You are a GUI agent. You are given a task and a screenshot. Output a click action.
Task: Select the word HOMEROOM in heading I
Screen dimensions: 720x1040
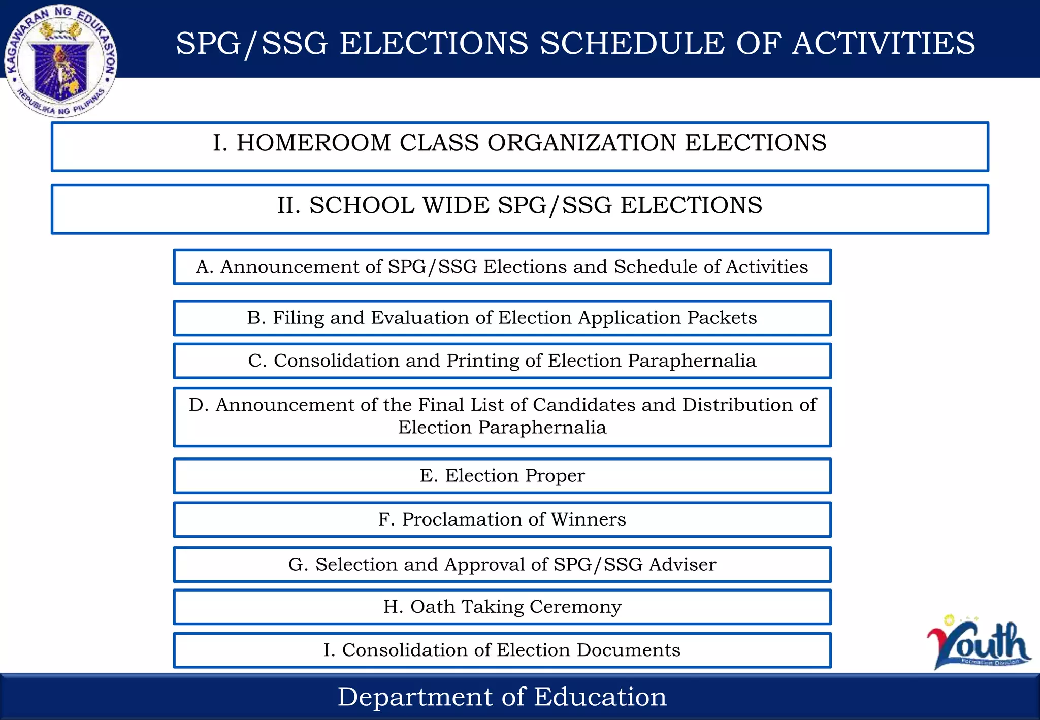[x=313, y=143]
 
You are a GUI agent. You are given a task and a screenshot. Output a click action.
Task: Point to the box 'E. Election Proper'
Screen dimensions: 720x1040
[x=502, y=476]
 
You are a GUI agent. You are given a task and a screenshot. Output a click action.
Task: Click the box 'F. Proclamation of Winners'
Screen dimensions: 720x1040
[x=502, y=519]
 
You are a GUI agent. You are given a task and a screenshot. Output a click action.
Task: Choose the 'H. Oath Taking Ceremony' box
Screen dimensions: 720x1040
[x=502, y=607]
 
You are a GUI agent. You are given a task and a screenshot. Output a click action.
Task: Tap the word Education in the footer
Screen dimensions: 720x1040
[x=600, y=697]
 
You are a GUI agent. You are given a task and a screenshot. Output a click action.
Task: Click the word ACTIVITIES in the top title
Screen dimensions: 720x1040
[x=884, y=43]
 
